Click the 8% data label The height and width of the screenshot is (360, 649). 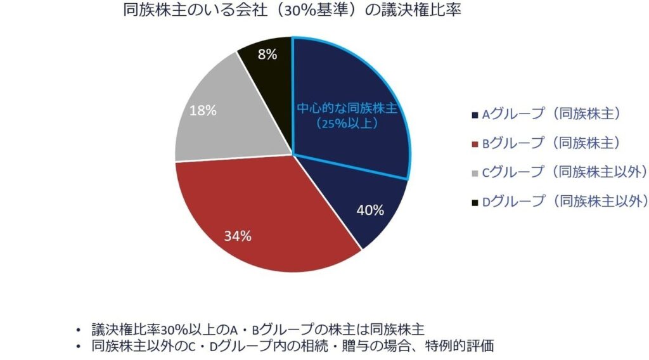pyautogui.click(x=267, y=55)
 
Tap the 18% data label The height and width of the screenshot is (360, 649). pyautogui.click(x=203, y=110)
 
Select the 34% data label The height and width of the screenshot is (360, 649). pyautogui.click(x=238, y=236)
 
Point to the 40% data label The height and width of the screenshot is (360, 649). pyautogui.click(x=369, y=210)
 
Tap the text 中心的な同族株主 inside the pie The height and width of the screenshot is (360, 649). pyautogui.click(x=347, y=108)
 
